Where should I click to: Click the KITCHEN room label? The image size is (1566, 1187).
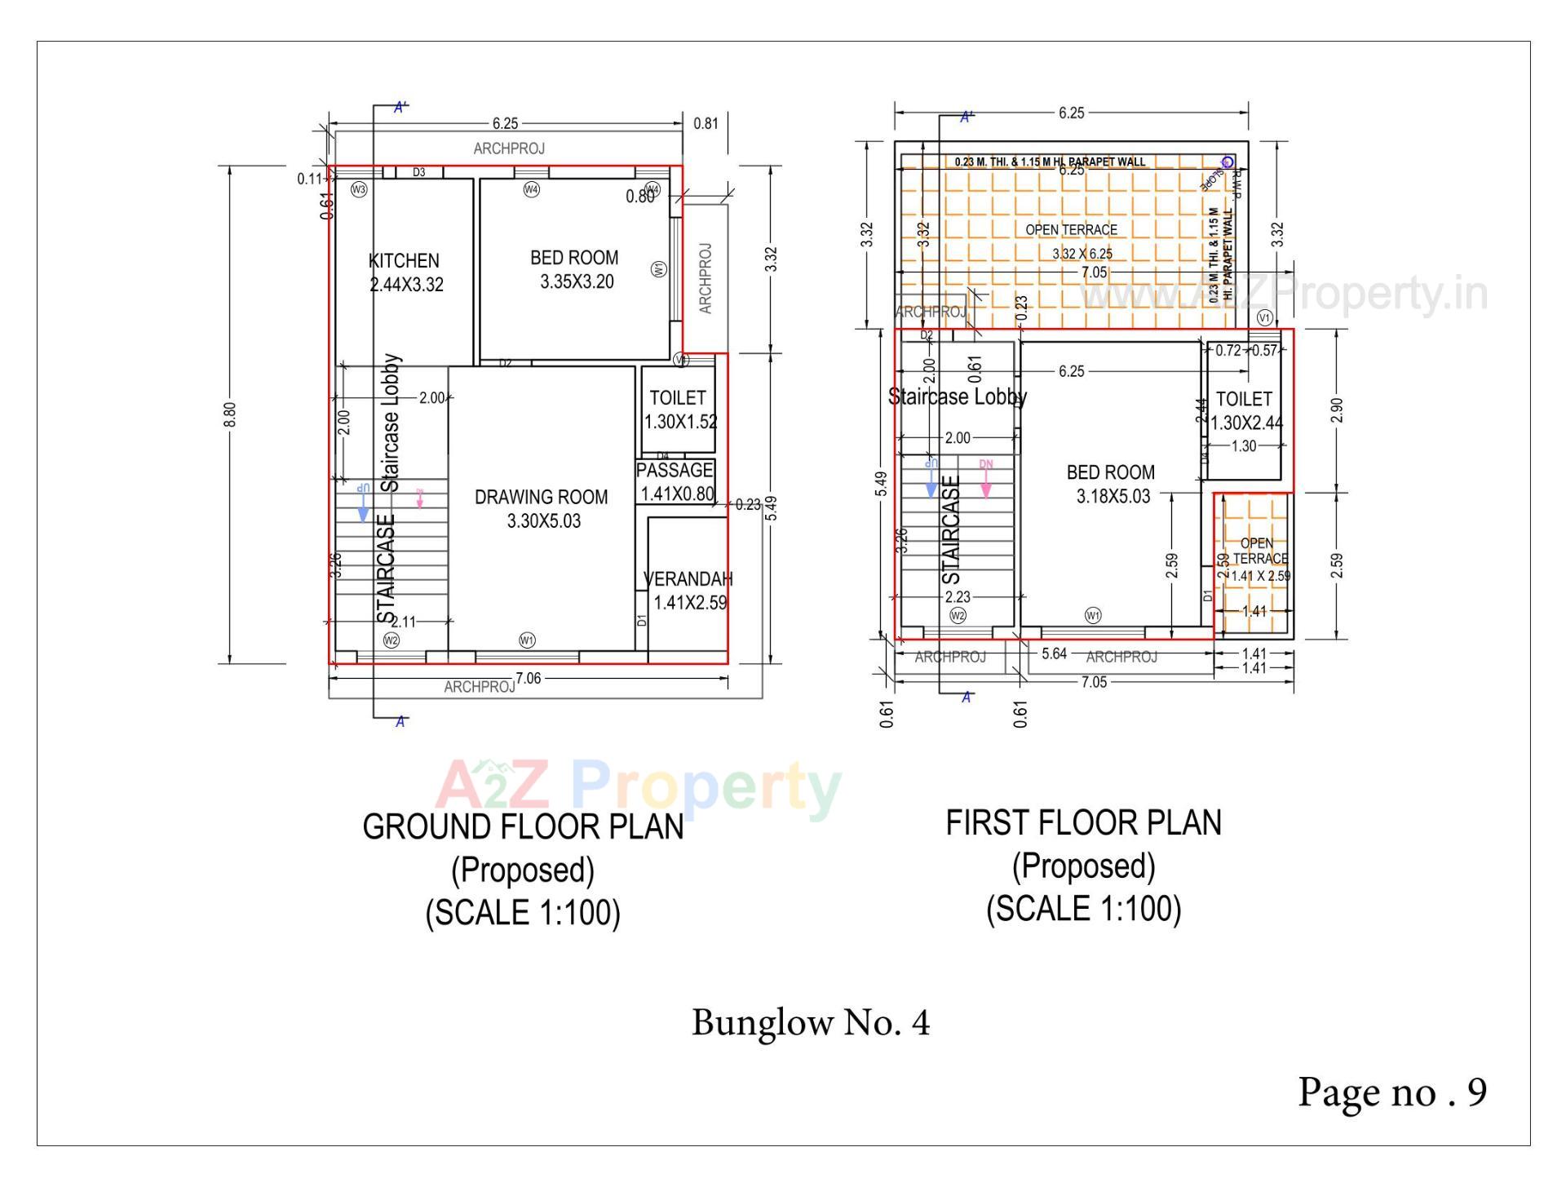[405, 272]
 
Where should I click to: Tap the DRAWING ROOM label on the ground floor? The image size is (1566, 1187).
[542, 508]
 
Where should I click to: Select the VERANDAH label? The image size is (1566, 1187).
[688, 590]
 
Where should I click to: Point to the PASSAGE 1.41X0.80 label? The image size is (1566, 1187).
[675, 481]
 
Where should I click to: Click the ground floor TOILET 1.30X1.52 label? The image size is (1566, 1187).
[679, 410]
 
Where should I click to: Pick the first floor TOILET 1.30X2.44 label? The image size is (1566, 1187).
[1245, 410]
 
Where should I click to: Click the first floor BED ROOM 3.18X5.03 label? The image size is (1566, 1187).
[1111, 484]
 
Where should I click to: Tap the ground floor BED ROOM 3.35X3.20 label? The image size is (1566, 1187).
[574, 269]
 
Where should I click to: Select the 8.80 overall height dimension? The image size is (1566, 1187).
[230, 414]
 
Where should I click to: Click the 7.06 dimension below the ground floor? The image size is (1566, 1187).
[529, 678]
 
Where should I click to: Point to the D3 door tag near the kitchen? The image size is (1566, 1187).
[418, 172]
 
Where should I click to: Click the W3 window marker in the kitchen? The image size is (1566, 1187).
[358, 189]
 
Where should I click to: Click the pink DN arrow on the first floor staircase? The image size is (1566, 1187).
[986, 480]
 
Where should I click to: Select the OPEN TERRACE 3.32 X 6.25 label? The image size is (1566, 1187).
[1072, 241]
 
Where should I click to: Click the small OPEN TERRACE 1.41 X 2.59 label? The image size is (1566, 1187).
[1258, 560]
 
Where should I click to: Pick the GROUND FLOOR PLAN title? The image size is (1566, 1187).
[523, 826]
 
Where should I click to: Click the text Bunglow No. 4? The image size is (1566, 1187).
[811, 1022]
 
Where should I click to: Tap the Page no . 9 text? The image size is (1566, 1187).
[1392, 1092]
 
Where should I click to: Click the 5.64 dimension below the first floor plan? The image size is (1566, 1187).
[1054, 653]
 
